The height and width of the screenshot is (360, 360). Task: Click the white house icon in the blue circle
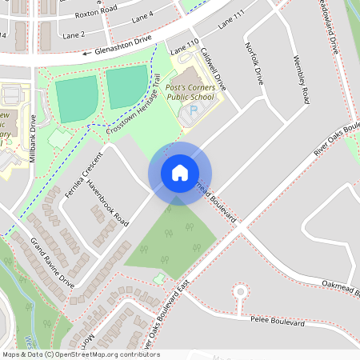[x=179, y=173]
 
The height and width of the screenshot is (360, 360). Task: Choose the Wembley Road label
[x=301, y=79]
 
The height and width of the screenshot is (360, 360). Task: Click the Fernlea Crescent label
[x=86, y=172]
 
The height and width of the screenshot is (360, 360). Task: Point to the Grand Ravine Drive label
[x=52, y=262]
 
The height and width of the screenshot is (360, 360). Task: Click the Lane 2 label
[x=72, y=35]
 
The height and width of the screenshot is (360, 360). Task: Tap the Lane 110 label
[x=183, y=47]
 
